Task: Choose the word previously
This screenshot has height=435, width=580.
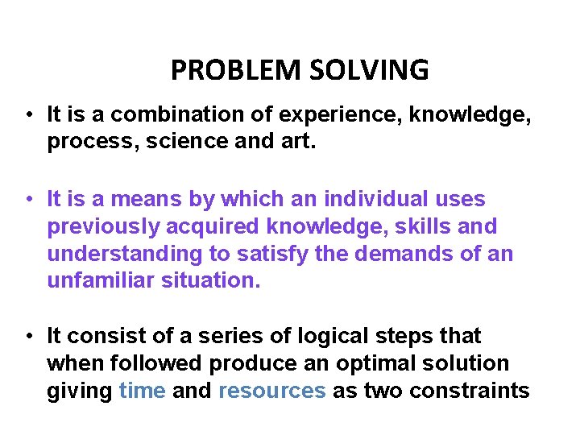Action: tap(101, 226)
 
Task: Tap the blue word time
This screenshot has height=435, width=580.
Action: tap(142, 391)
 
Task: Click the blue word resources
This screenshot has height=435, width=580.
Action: tap(272, 391)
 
